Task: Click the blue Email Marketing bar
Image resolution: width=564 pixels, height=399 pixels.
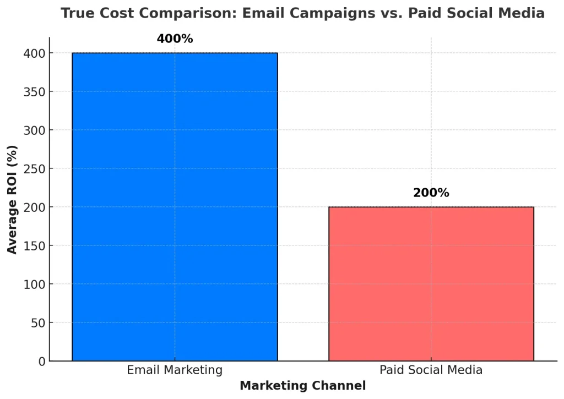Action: tap(175, 206)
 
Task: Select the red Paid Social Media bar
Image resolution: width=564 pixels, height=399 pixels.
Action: tap(431, 283)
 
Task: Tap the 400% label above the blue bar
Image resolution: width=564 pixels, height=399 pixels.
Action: tap(175, 39)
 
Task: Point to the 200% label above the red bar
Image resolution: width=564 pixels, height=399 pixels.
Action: tap(431, 193)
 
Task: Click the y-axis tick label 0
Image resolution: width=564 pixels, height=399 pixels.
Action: tap(41, 362)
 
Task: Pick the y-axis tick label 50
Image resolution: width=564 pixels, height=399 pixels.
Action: tap(38, 323)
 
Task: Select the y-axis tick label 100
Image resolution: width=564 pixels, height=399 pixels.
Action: tap(35, 285)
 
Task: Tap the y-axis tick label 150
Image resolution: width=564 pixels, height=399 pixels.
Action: tap(35, 246)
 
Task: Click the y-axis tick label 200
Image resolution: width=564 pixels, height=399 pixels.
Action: tap(35, 207)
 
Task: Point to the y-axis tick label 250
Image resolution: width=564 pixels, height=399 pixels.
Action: tap(35, 169)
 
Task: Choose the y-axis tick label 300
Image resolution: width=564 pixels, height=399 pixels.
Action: tap(35, 130)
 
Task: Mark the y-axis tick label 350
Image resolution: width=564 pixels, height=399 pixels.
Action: tap(35, 92)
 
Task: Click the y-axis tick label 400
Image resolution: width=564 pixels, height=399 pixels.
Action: tap(35, 53)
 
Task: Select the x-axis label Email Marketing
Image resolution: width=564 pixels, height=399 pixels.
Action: tap(175, 370)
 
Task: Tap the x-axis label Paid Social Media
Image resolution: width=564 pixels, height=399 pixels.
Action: tap(431, 370)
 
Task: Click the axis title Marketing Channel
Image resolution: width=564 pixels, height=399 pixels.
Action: tap(302, 386)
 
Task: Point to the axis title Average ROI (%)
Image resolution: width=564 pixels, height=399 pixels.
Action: tap(12, 199)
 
